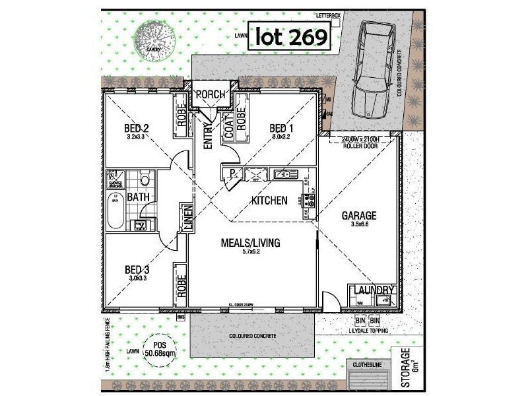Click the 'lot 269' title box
[x=290, y=37]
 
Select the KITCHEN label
[x=269, y=200]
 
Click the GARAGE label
[x=358, y=216]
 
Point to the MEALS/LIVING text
[x=250, y=243]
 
